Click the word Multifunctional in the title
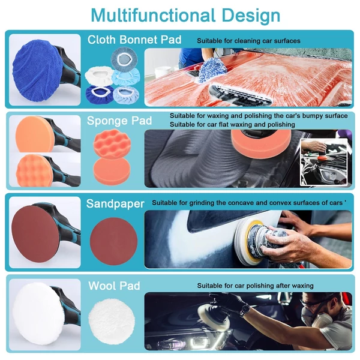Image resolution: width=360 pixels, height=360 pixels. click(153, 16)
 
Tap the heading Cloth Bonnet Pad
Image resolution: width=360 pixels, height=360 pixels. click(134, 40)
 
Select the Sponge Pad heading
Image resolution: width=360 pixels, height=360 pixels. click(119, 121)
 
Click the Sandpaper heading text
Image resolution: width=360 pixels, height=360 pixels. click(115, 203)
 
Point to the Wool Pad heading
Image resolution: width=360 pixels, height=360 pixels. click(114, 286)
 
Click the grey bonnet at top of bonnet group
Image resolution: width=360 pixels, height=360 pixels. click(124, 58)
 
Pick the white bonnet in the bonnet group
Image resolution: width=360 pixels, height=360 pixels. click(100, 76)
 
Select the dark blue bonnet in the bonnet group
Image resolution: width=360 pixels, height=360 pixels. click(100, 94)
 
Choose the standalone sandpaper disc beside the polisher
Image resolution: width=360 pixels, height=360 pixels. click(113, 241)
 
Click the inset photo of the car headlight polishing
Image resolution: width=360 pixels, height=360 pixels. click(324, 162)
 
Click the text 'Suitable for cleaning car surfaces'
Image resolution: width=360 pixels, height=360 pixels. click(248, 41)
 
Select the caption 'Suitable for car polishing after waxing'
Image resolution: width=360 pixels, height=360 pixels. click(256, 286)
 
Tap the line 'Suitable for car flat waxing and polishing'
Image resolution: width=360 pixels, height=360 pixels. click(232, 124)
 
